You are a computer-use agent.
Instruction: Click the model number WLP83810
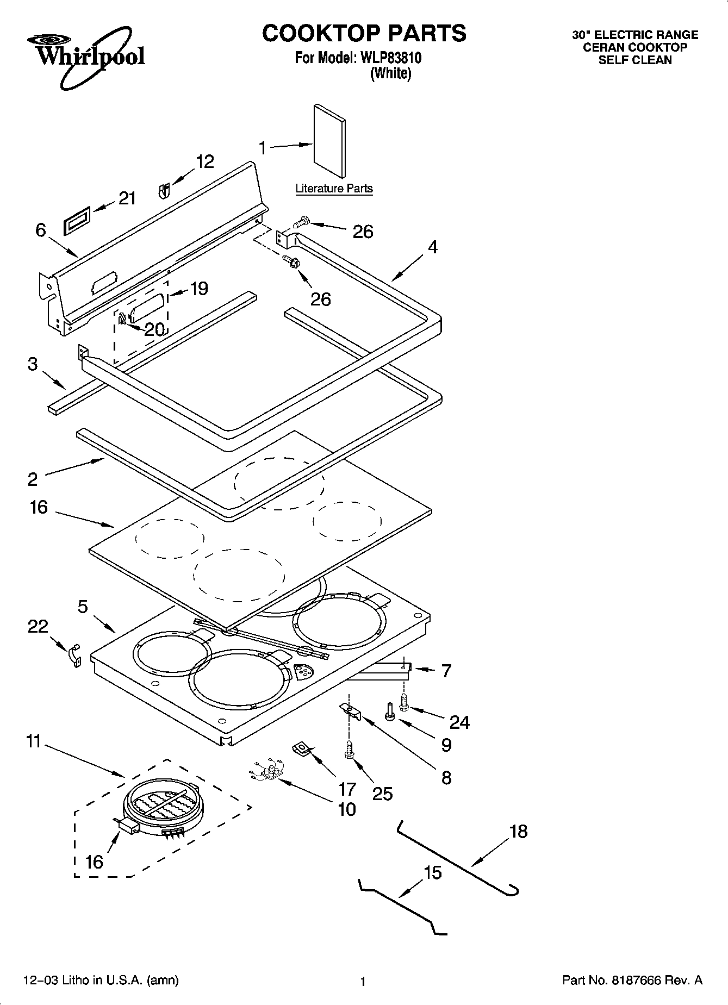390,58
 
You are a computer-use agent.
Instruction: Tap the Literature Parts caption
334,189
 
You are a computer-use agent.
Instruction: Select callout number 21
127,198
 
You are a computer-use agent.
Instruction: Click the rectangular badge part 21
77,220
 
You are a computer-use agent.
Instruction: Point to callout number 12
205,161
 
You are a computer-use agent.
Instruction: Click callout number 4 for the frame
432,247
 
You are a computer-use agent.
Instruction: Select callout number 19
199,288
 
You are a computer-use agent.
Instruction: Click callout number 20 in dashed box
154,329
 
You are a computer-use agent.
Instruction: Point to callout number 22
38,627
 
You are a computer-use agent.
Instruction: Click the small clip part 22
74,655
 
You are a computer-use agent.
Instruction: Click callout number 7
446,671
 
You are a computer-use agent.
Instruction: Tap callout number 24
459,722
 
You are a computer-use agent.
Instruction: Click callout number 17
346,788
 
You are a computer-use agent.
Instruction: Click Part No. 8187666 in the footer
632,981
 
